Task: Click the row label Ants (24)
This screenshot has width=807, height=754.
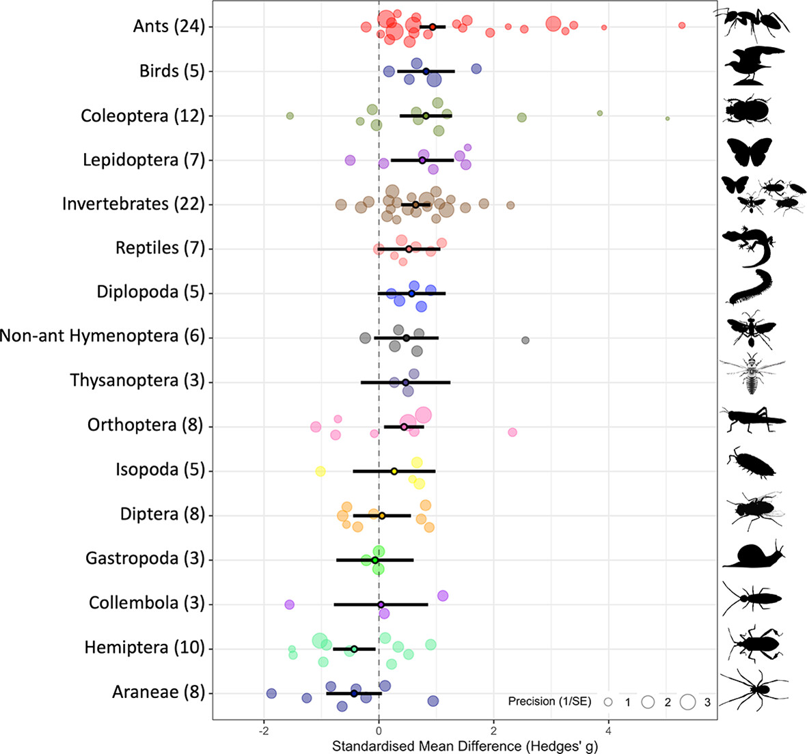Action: click(x=169, y=27)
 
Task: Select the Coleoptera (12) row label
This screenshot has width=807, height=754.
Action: click(x=142, y=115)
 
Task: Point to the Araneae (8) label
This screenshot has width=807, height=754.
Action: click(x=158, y=692)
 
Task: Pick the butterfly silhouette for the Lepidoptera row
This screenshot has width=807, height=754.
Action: click(x=749, y=152)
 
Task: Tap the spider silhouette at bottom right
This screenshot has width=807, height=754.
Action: click(x=754, y=689)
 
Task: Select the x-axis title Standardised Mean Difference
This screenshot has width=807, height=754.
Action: click(x=465, y=746)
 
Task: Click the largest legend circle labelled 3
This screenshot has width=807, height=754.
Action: click(x=687, y=701)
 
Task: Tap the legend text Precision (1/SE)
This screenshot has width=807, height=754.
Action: click(x=551, y=701)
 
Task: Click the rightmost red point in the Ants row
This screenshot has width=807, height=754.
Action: click(x=681, y=25)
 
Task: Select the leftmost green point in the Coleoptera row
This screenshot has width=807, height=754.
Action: click(x=290, y=116)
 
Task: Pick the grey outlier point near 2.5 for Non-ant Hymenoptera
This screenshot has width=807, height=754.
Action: click(x=525, y=340)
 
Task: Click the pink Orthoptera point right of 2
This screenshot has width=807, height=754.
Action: click(x=512, y=432)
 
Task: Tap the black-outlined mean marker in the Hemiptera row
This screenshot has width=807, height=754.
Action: click(x=354, y=649)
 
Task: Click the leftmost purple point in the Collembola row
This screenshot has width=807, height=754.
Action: click(x=289, y=604)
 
